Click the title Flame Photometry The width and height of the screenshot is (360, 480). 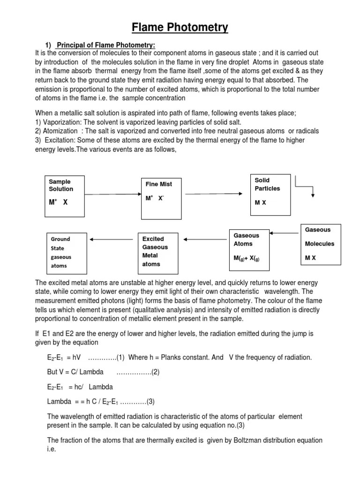click(x=180, y=28)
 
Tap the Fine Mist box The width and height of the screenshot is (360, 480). click(x=160, y=198)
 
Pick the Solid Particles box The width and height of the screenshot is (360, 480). click(x=270, y=195)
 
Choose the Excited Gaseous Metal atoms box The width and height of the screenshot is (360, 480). click(x=159, y=252)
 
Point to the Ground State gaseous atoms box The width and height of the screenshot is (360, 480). click(x=66, y=252)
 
